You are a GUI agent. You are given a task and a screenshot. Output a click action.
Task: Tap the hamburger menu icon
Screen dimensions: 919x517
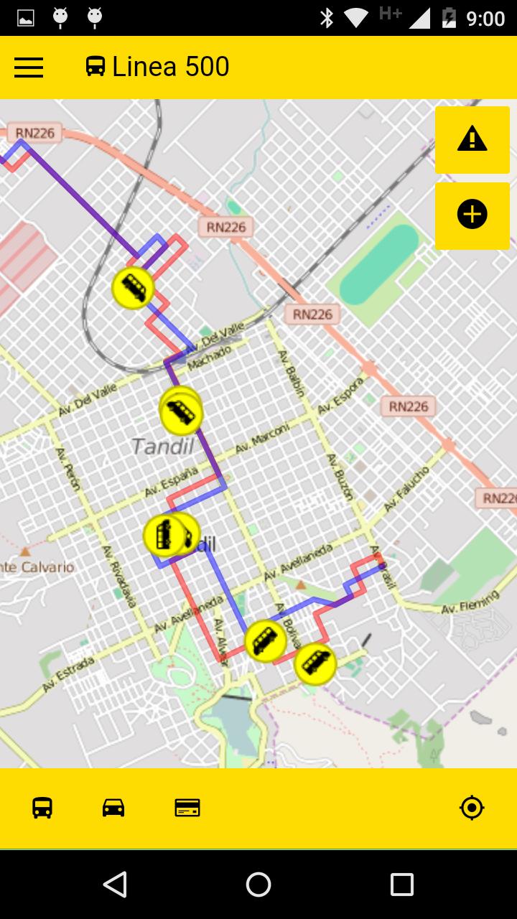tap(29, 67)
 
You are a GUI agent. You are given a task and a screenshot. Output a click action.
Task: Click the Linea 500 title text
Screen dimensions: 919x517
tap(171, 67)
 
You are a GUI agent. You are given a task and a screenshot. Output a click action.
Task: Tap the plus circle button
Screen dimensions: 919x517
tap(472, 215)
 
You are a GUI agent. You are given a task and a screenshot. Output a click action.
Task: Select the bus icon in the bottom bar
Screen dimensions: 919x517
tap(42, 808)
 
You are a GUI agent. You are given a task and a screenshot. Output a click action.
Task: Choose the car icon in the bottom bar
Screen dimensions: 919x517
tap(113, 808)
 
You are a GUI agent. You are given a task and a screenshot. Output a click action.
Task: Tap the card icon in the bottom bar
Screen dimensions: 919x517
tap(187, 808)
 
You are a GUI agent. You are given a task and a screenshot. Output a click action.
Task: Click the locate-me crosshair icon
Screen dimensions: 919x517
tap(472, 808)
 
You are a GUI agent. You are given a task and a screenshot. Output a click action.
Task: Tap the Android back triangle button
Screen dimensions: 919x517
tap(115, 885)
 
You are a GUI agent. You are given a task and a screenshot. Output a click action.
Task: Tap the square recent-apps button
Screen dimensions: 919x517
tap(401, 885)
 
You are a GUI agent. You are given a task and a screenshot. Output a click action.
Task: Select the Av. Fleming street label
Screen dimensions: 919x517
tap(470, 602)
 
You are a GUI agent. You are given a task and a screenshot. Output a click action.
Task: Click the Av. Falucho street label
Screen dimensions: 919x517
tap(406, 489)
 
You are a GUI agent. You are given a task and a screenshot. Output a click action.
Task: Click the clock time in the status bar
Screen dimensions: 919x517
tap(485, 18)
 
